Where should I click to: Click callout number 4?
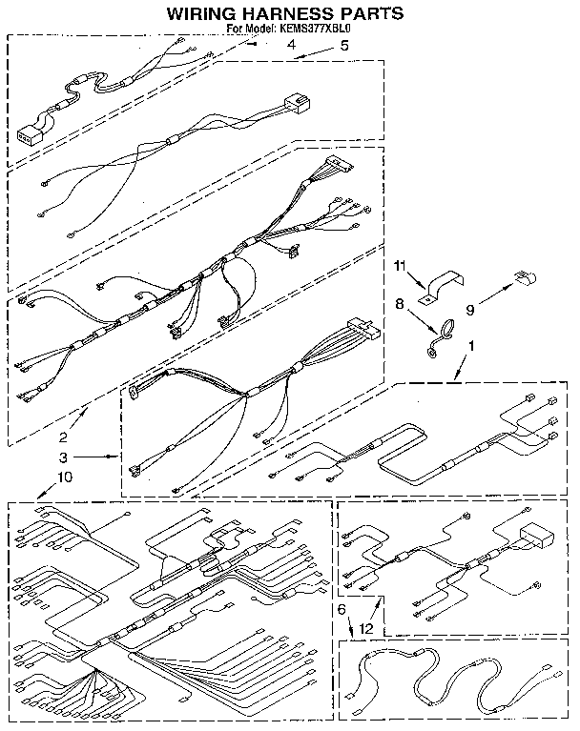(290, 45)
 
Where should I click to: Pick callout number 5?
(344, 45)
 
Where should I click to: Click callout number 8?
(402, 306)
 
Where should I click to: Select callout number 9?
(470, 309)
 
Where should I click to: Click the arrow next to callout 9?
(496, 292)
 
